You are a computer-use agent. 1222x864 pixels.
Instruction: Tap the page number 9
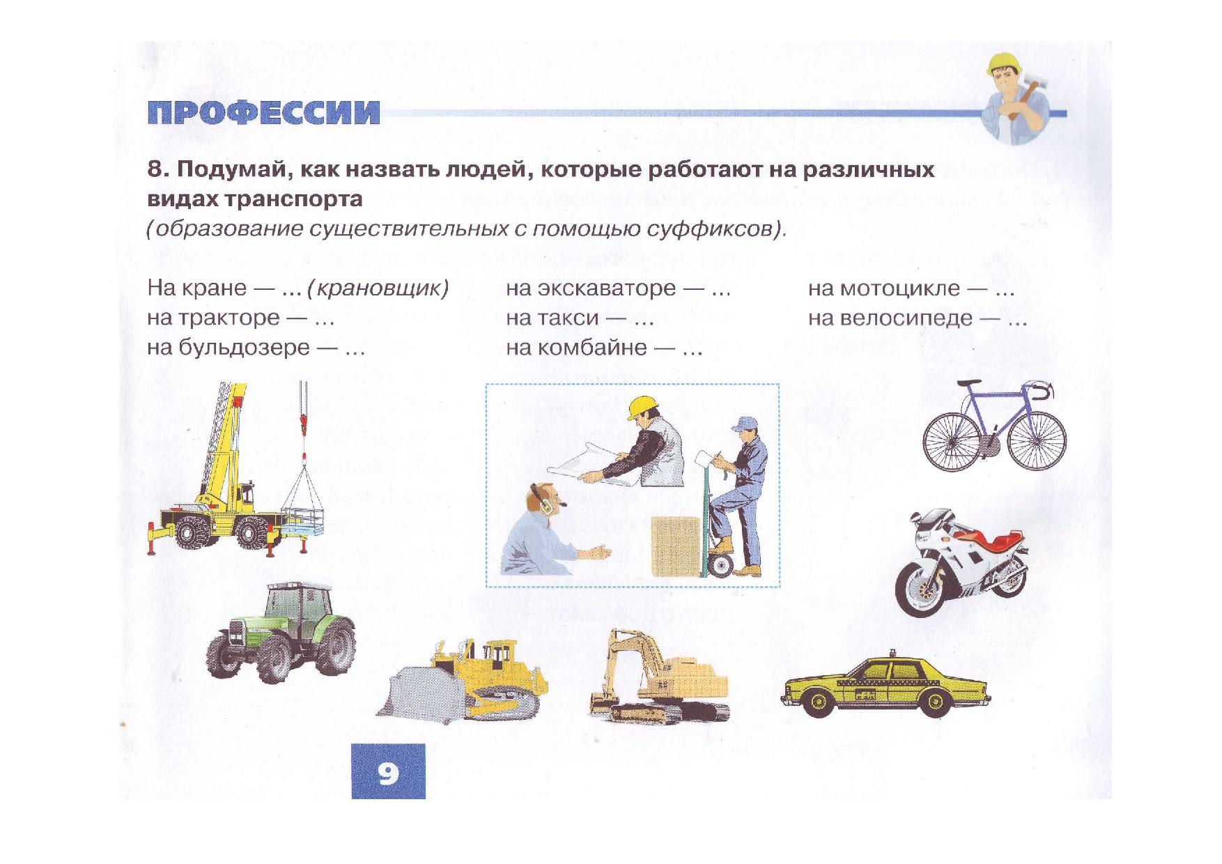click(x=388, y=772)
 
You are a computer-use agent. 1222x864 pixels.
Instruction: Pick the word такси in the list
click(x=573, y=318)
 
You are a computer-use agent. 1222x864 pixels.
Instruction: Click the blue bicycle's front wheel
click(x=1037, y=440)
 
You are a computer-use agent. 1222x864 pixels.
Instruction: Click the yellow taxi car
click(x=885, y=686)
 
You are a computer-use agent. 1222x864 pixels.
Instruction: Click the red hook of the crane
click(x=303, y=421)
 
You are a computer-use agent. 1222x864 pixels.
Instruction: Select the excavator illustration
click(x=658, y=679)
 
